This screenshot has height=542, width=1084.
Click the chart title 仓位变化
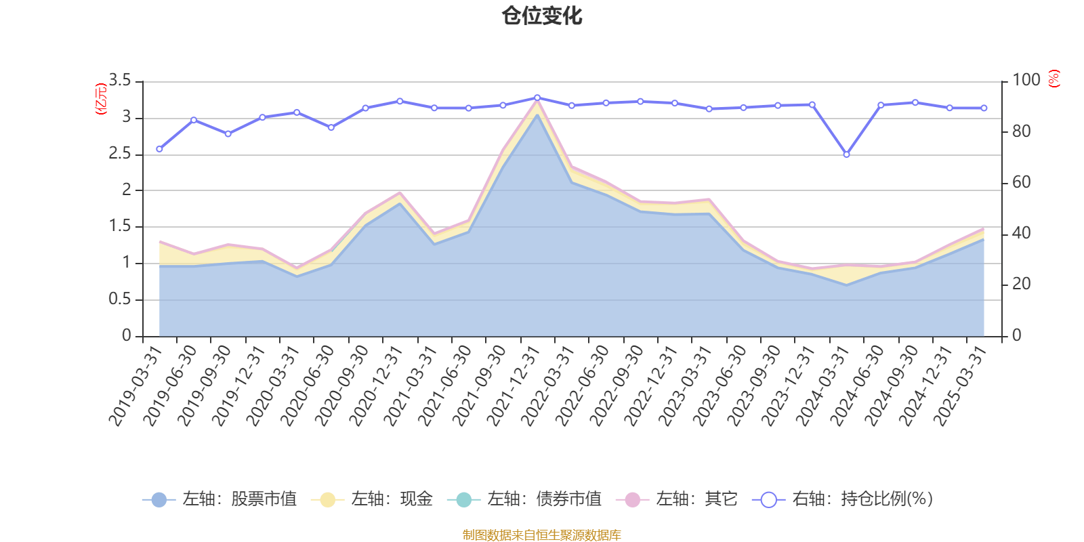(x=542, y=16)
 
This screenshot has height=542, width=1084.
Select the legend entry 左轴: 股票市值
(x=220, y=500)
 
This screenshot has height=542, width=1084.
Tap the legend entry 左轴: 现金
(x=372, y=500)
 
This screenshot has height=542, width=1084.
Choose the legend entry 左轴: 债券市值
(x=524, y=500)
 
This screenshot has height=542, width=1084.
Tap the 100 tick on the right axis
(x=1026, y=81)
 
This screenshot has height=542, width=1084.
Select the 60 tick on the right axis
(x=1021, y=182)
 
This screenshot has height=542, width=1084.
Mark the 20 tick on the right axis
(x=1021, y=285)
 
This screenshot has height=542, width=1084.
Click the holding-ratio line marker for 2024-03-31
(x=846, y=154)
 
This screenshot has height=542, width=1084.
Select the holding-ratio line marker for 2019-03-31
(x=159, y=149)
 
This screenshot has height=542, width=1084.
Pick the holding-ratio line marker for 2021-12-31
(x=537, y=98)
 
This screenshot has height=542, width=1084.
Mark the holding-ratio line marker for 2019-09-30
(x=228, y=134)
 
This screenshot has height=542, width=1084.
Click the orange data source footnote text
(x=541, y=535)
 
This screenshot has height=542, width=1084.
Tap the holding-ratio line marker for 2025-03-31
(x=984, y=108)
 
